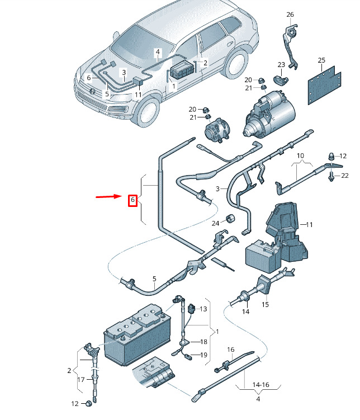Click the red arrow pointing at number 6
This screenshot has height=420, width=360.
109,197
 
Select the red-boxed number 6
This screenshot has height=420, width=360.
132,200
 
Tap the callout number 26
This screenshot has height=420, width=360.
290,15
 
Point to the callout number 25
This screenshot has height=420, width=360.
321,60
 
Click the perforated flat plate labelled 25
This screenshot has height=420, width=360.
324,85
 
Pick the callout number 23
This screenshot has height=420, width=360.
281,65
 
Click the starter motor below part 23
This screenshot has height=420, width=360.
269,114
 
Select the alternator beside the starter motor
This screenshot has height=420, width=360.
217,130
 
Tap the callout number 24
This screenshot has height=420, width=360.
215,223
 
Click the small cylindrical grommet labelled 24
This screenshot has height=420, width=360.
230,218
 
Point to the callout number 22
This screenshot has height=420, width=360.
345,176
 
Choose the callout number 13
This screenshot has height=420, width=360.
203,309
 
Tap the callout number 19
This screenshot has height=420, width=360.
203,355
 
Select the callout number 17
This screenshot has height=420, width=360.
81,380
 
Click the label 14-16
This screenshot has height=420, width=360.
260,385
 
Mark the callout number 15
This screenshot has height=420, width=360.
265,304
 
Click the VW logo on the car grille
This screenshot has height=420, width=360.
92,91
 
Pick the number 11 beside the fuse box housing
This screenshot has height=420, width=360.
309,224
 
